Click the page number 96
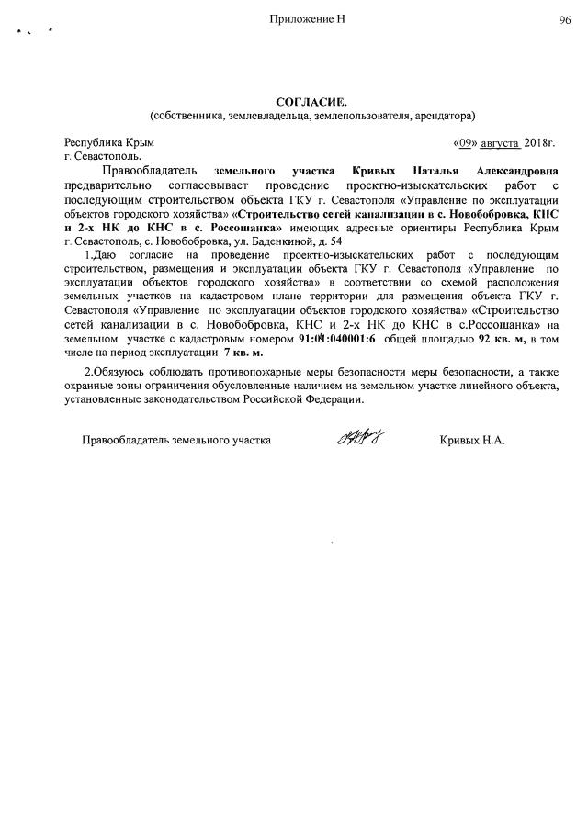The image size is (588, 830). (x=564, y=19)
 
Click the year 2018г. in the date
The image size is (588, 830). (x=541, y=143)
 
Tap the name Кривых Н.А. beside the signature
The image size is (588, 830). (x=473, y=441)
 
